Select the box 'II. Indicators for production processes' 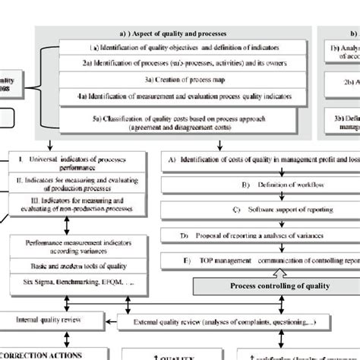tap(79, 183)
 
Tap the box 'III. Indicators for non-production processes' tap(79, 204)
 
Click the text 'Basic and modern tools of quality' tap(79, 264)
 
